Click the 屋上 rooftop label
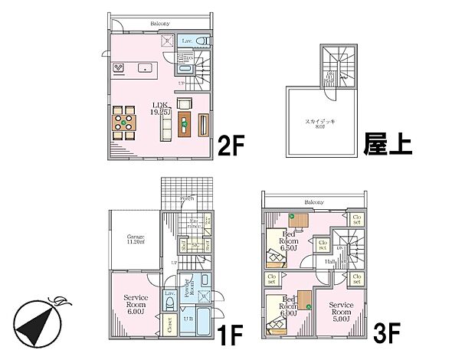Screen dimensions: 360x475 coord(388,144)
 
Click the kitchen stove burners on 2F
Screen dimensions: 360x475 coord(120,68)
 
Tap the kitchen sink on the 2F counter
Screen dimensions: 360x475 coord(144,68)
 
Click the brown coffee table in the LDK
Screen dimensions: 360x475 coord(183,123)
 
